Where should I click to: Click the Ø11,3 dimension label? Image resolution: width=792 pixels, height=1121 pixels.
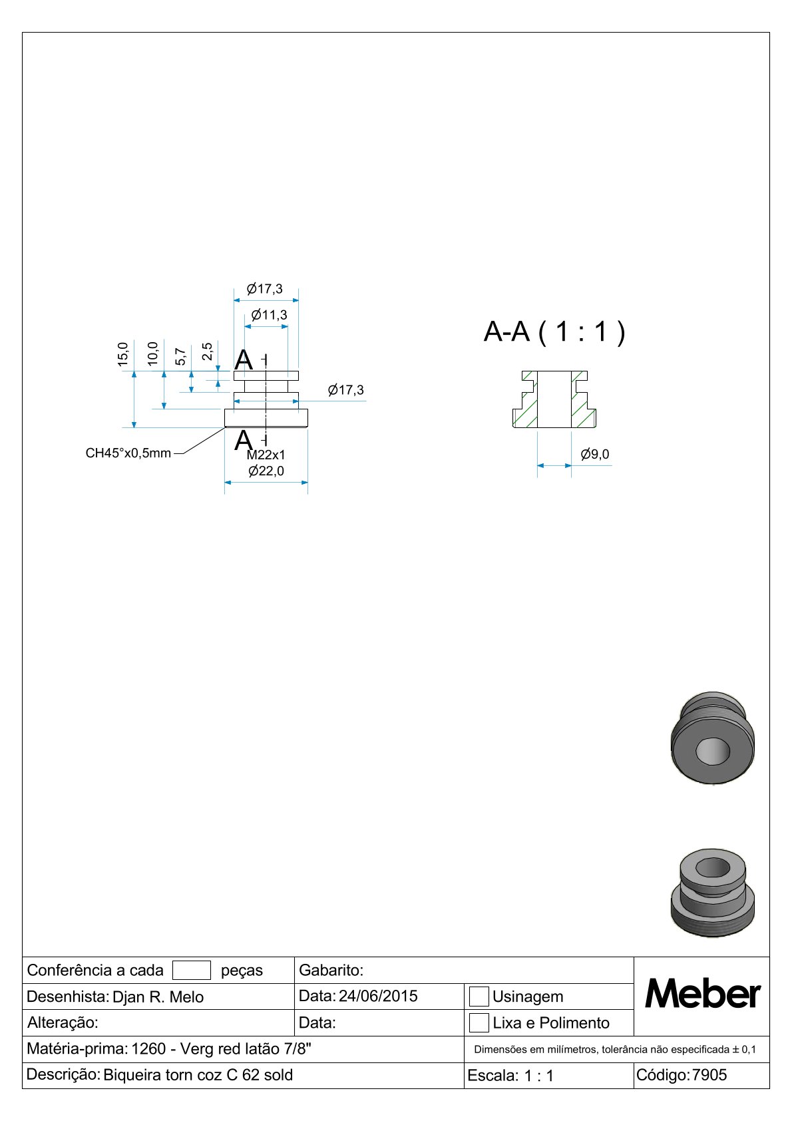point(269,315)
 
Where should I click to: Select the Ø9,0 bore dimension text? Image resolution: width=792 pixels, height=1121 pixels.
point(595,455)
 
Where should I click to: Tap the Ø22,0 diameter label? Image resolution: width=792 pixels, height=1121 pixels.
point(266,471)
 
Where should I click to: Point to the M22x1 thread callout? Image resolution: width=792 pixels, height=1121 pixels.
point(266,455)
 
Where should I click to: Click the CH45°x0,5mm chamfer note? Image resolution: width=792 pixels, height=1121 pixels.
point(128,453)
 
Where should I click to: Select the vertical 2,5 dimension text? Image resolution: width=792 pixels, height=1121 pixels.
point(207,351)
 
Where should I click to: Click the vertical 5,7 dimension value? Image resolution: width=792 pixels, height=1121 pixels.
point(180,356)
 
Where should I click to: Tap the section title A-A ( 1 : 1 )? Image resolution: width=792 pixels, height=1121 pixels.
point(554,332)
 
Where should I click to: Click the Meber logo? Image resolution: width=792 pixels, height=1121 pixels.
point(703,995)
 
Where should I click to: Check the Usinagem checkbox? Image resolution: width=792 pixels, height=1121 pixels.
point(479,997)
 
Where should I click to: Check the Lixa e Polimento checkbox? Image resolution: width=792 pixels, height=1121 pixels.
point(479,1023)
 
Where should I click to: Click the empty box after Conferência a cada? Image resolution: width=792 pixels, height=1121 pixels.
point(192,971)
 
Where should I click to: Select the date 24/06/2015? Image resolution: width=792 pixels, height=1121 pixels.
point(378,997)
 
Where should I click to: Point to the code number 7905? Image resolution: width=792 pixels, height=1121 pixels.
point(709,1075)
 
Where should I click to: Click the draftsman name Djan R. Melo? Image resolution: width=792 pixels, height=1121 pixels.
point(158,997)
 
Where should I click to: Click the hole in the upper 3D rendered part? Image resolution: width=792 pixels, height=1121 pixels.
point(713,751)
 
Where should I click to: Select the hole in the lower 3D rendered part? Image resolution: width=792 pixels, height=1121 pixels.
point(713,868)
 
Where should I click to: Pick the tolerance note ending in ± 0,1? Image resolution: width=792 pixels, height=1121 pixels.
point(615,1049)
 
